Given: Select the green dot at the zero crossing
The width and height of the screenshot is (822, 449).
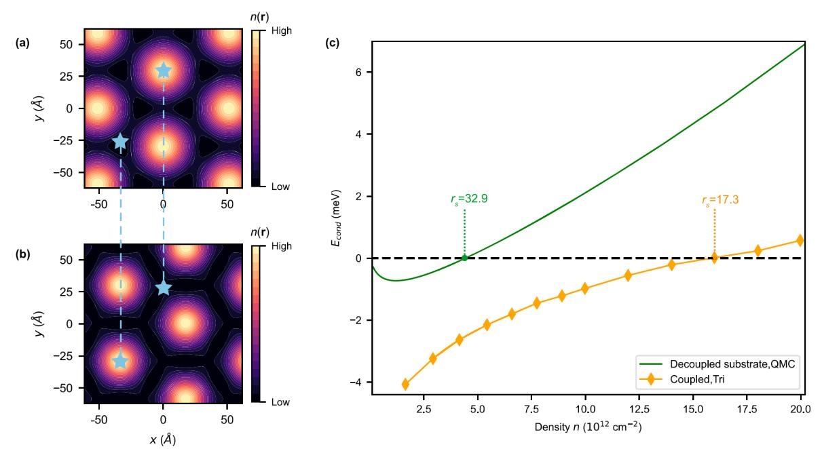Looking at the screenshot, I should [464, 258].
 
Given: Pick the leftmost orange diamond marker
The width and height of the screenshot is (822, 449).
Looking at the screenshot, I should [406, 384].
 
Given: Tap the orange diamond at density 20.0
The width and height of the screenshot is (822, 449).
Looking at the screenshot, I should [800, 240].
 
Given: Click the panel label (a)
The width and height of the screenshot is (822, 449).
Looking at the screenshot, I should [22, 44].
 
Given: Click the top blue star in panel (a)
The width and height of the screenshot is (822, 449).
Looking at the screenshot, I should [164, 70].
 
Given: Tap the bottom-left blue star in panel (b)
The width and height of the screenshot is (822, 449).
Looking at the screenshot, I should [120, 361].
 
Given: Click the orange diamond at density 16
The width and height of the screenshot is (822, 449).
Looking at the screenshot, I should [714, 258].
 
